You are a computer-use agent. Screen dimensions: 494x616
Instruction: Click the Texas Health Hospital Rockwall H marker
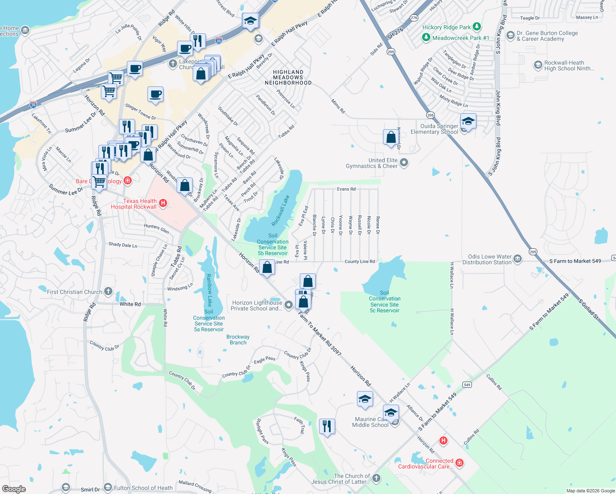coord(163,203)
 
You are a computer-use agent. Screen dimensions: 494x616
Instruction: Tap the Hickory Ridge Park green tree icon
coord(477,27)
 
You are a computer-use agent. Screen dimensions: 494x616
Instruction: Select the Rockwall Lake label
coord(280,210)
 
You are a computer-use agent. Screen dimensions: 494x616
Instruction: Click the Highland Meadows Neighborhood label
coord(288,77)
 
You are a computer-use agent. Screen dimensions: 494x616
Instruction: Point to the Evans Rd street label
coord(346,189)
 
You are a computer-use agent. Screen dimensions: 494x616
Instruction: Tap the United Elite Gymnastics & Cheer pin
coord(404,163)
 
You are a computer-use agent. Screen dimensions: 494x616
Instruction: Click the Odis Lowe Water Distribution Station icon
coord(518,259)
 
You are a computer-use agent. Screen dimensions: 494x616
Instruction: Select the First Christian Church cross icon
coord(108,291)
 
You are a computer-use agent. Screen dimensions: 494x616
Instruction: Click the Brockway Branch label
coord(238,340)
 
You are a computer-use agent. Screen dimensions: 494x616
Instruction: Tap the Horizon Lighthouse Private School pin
coord(289,305)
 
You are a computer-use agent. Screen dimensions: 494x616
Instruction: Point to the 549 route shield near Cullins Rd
coord(467,385)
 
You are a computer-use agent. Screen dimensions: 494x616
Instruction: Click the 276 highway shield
coord(414,18)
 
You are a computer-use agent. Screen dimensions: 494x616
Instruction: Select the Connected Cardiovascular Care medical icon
coord(460,463)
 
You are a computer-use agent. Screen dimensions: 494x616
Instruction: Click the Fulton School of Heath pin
coord(108,487)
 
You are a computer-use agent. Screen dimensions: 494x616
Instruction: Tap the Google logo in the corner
coord(14,489)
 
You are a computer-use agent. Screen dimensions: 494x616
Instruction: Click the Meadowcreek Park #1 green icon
coord(426,37)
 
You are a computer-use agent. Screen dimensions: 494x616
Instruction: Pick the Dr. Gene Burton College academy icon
coord(511,35)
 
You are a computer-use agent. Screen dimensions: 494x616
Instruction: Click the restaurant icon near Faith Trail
coord(327,426)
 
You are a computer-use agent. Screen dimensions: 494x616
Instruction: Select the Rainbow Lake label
coord(209,290)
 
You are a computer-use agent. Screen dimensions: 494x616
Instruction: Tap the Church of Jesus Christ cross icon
coord(376,478)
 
